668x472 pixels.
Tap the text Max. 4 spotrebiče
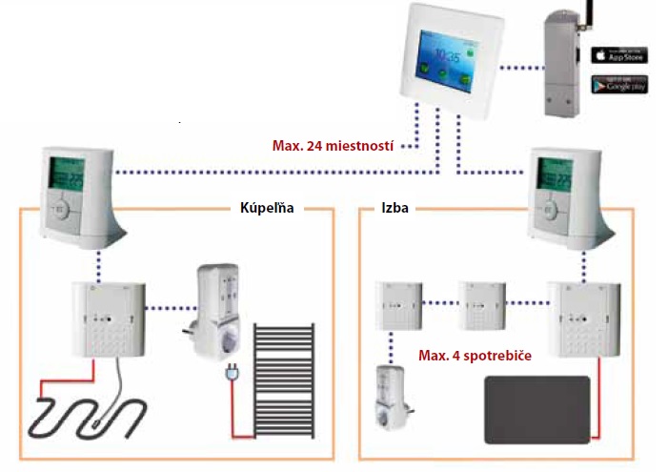coord(475,356)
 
